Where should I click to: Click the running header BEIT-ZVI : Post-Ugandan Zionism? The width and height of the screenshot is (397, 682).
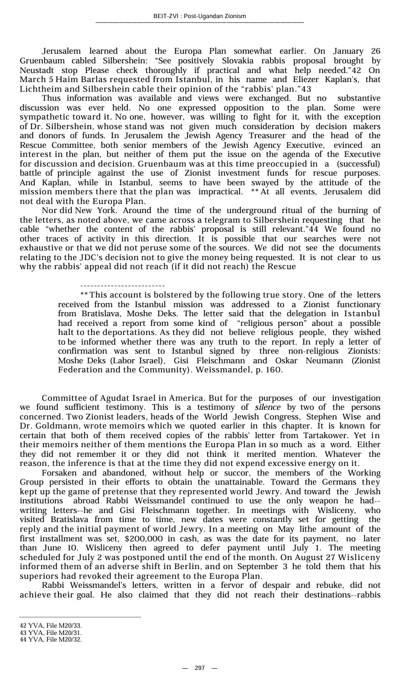(x=199, y=16)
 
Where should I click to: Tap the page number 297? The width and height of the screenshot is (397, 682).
(x=199, y=668)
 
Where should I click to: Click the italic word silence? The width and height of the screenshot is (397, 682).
(x=267, y=407)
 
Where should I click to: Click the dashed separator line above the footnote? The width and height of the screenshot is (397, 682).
(x=122, y=285)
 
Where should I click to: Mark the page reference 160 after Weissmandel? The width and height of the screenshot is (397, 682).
(x=273, y=369)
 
